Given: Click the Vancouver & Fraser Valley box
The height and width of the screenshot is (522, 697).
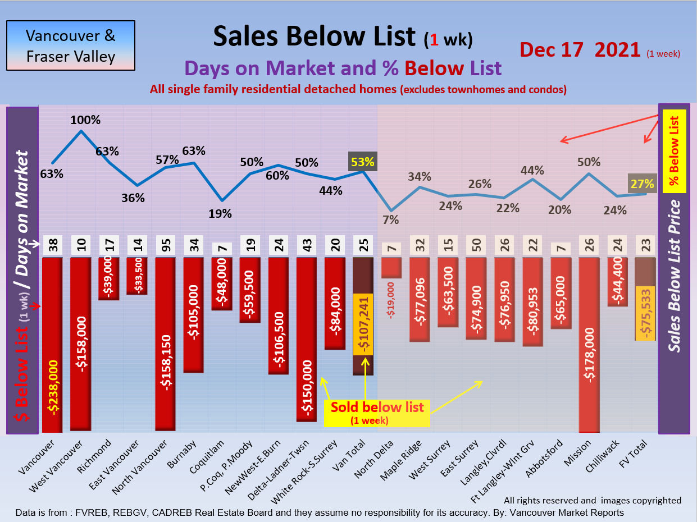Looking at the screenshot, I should (x=70, y=45).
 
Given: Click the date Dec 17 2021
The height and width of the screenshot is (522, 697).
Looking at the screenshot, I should (x=580, y=50).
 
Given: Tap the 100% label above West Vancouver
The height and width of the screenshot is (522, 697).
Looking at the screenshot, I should (x=85, y=120).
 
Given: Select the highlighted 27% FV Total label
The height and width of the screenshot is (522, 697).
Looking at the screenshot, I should (x=641, y=183).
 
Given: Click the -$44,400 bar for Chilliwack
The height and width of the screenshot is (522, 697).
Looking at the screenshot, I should (x=617, y=282).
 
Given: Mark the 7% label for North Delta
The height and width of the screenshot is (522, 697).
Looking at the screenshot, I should (x=390, y=219).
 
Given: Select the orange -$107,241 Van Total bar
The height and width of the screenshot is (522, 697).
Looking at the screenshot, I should (x=363, y=324).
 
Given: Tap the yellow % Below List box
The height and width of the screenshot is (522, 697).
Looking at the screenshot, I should (x=675, y=151).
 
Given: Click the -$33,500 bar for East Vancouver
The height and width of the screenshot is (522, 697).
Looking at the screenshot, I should (x=137, y=276).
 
